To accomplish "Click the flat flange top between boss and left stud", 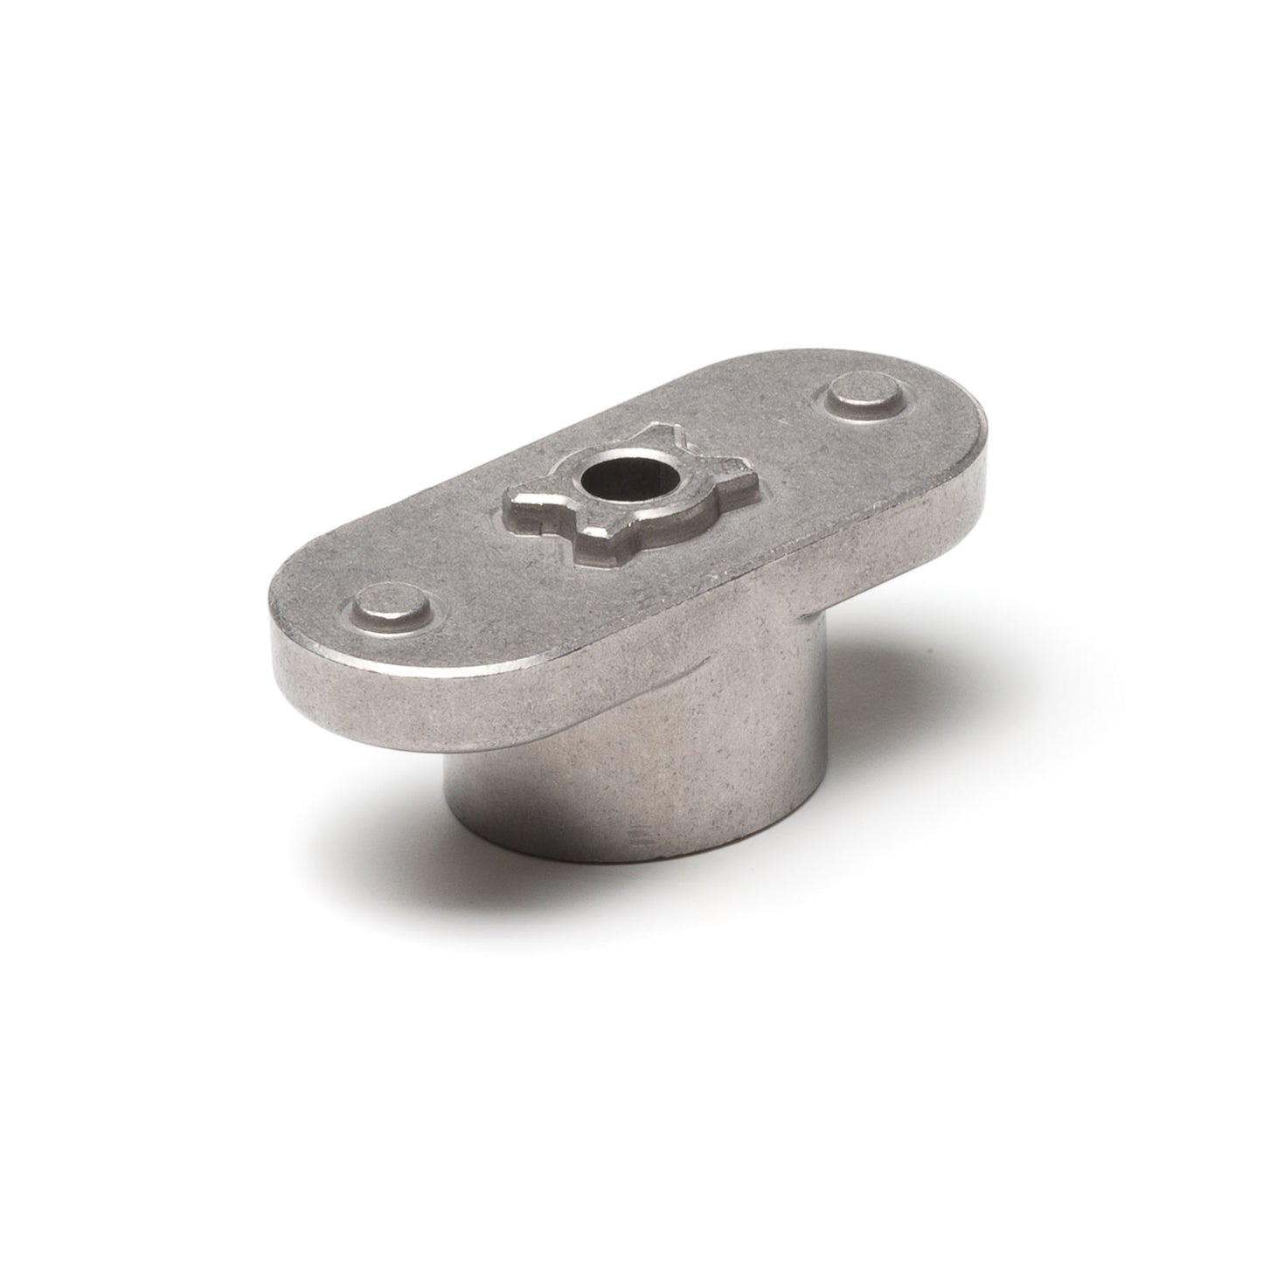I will point(463,559).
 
